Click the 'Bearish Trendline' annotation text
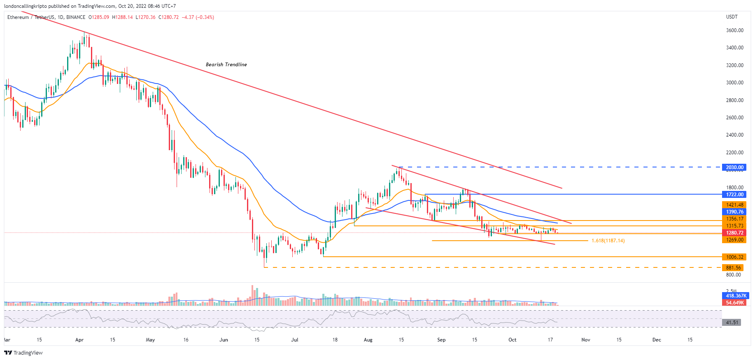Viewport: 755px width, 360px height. click(x=226, y=65)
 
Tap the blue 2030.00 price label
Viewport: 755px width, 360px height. click(x=734, y=167)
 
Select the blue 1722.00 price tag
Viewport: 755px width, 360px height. click(x=734, y=195)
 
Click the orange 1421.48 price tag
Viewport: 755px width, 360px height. click(x=734, y=205)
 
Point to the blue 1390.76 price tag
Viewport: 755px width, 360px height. click(x=734, y=212)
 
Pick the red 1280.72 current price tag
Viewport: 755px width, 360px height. click(x=734, y=233)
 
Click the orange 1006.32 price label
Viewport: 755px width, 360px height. click(x=734, y=257)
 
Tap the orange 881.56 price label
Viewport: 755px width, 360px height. click(x=733, y=268)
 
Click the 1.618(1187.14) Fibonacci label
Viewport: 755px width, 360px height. click(x=608, y=241)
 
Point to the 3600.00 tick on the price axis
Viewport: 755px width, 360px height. click(x=735, y=30)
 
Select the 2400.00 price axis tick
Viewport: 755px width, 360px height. click(x=735, y=135)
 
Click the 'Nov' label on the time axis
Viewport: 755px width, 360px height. click(x=585, y=340)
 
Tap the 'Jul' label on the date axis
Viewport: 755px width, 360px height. click(x=294, y=340)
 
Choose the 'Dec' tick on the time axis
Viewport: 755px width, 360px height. click(x=657, y=340)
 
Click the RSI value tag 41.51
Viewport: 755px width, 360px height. click(x=732, y=323)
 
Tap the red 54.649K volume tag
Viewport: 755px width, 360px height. click(x=735, y=303)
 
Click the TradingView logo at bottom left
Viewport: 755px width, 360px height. click(x=23, y=353)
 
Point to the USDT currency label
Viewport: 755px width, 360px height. click(x=732, y=17)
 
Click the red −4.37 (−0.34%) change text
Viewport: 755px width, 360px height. click(x=198, y=17)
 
